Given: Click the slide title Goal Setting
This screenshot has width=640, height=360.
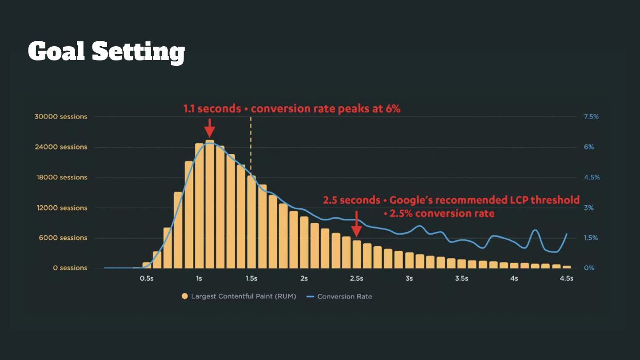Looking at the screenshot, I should pyautogui.click(x=106, y=52).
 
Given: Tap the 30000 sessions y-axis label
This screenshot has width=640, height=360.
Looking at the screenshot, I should pyautogui.click(x=60, y=117).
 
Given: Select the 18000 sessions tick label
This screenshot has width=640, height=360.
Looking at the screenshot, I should pyautogui.click(x=60, y=177).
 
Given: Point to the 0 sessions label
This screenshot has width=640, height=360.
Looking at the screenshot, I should pyautogui.click(x=70, y=268).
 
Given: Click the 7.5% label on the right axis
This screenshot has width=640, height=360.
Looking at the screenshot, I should pyautogui.click(x=591, y=117).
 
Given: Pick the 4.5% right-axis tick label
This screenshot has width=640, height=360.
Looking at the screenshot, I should pyautogui.click(x=591, y=177).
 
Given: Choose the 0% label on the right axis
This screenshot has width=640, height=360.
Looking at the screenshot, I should pyautogui.click(x=589, y=268).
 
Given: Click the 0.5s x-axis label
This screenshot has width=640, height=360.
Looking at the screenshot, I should pyautogui.click(x=147, y=279).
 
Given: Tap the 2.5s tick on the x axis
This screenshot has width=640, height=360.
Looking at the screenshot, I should pyautogui.click(x=356, y=279).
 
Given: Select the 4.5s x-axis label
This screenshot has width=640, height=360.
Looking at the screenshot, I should pyautogui.click(x=566, y=279).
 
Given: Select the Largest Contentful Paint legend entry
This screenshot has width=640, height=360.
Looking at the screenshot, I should pyautogui.click(x=239, y=296).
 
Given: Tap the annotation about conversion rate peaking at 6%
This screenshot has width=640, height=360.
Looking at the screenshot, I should pyautogui.click(x=292, y=108).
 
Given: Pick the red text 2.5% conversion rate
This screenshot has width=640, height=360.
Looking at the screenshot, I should pyautogui.click(x=439, y=214).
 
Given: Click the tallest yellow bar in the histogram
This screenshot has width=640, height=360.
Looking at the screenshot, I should pyautogui.click(x=210, y=204).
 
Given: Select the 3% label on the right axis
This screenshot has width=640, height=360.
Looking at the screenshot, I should pyautogui.click(x=589, y=208).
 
